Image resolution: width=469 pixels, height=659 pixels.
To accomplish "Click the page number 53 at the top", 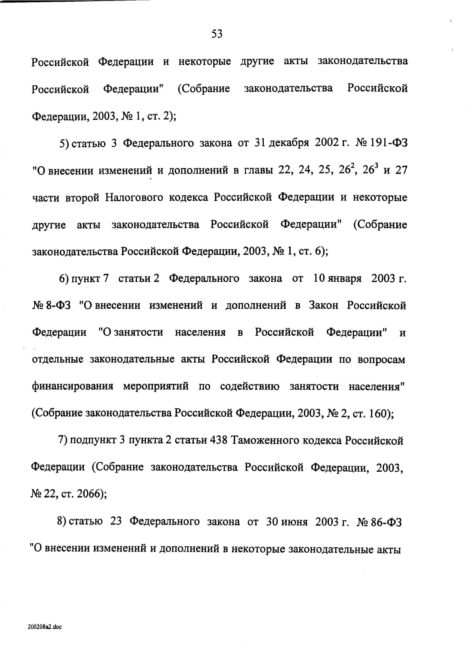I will pos(217,34).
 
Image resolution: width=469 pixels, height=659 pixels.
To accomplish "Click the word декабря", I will pos(289,144).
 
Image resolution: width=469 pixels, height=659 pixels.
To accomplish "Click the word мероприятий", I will pos(156,387).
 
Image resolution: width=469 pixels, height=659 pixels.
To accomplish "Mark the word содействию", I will pos(250,387).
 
